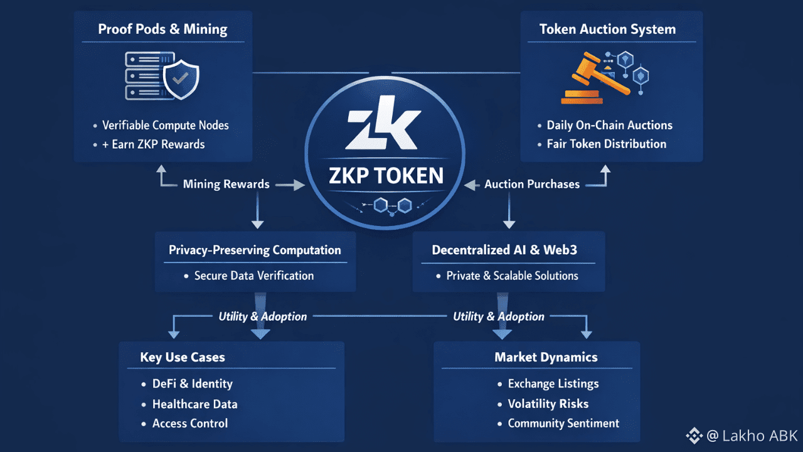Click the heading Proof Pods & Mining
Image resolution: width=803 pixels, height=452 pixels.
162,30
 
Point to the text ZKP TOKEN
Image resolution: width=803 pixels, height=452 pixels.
386,175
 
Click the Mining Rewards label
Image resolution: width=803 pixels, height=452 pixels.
226,184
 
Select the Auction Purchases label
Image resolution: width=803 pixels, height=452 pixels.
532,185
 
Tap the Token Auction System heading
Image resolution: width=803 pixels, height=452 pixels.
607,30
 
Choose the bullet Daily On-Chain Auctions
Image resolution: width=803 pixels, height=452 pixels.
609,125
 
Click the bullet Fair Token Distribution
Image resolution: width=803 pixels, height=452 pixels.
607,144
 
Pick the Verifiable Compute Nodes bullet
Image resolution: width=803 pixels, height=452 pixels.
166,125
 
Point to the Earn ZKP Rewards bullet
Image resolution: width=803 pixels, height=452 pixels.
158,144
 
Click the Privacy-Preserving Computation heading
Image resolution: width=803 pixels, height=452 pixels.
255,250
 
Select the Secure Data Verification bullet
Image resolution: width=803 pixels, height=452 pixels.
254,276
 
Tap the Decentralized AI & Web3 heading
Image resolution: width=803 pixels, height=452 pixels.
504,250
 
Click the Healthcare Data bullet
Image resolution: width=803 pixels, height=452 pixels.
194,404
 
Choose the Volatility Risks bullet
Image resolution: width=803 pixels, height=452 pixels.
548,404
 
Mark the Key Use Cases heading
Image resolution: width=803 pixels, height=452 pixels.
183,357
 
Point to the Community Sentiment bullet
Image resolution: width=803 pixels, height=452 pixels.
563,423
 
